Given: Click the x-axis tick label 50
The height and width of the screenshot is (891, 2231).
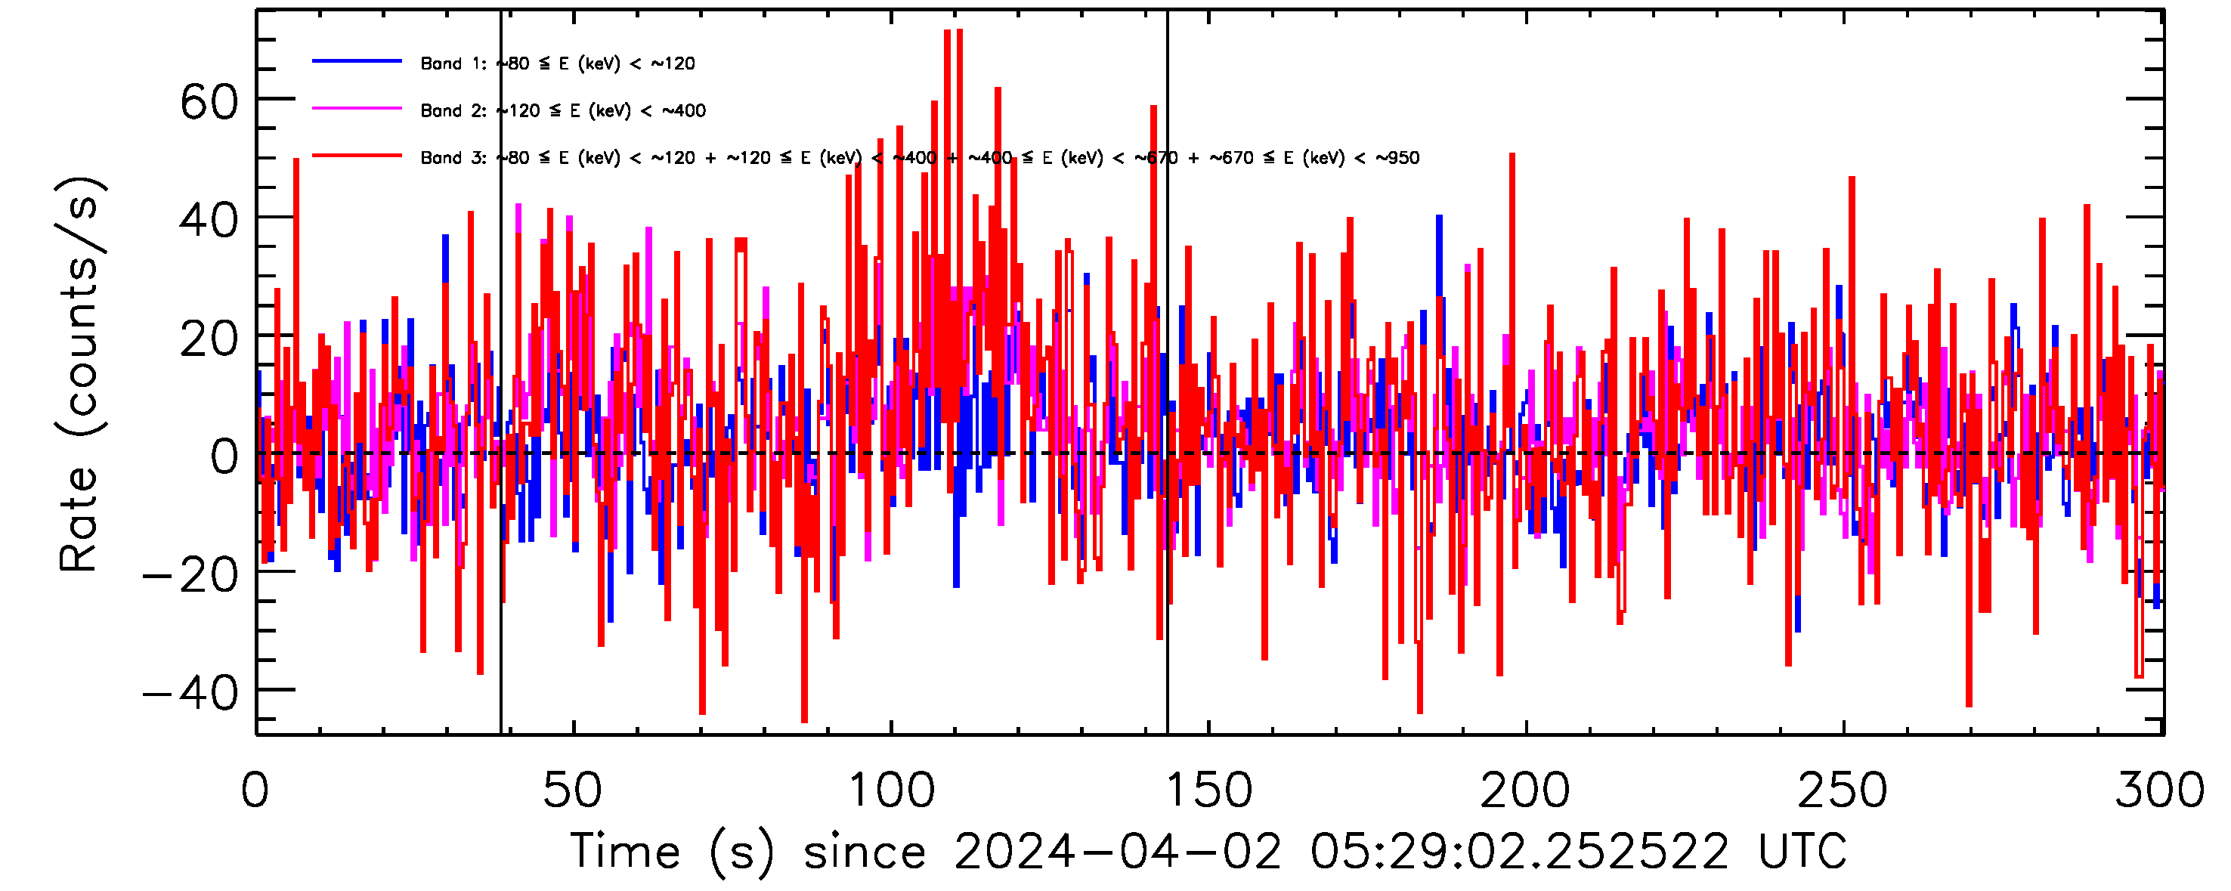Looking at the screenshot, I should pyautogui.click(x=572, y=790).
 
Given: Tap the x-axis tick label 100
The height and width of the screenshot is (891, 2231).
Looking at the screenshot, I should pyautogui.click(x=891, y=790).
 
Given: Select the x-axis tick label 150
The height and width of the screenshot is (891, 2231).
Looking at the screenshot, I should pyautogui.click(x=1208, y=790).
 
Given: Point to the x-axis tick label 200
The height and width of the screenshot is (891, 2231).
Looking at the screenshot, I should pyautogui.click(x=1525, y=790).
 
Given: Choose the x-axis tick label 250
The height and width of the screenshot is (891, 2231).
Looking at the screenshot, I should pyautogui.click(x=1843, y=790).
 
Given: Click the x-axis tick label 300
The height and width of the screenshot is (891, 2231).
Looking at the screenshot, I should pyautogui.click(x=2160, y=790).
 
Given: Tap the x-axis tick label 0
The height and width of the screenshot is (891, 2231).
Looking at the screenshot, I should pyautogui.click(x=255, y=790).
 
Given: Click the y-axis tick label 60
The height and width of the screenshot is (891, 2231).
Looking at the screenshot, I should pyautogui.click(x=209, y=103).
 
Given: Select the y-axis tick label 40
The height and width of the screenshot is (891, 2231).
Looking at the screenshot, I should pyautogui.click(x=209, y=221).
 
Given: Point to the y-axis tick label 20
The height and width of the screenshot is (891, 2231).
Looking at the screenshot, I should pyautogui.click(x=209, y=339).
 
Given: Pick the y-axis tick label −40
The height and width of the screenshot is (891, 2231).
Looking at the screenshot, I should pyautogui.click(x=190, y=693).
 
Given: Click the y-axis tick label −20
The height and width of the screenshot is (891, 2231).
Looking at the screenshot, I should pyautogui.click(x=190, y=575).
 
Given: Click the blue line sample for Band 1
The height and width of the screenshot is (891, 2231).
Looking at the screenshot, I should pyautogui.click(x=357, y=61).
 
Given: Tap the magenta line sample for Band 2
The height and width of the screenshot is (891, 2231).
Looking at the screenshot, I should pyautogui.click(x=357, y=109).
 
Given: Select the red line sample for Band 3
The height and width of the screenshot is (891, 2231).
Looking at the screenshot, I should pyautogui.click(x=357, y=156).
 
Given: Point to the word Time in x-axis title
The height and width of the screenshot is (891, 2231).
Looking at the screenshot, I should pyautogui.click(x=625, y=851).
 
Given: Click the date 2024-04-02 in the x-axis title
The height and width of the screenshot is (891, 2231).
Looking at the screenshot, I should pyautogui.click(x=1118, y=851).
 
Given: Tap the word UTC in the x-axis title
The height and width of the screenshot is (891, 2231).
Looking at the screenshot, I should pyautogui.click(x=1802, y=851).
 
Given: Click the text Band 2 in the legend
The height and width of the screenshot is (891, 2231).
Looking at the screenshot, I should pyautogui.click(x=453, y=111).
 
